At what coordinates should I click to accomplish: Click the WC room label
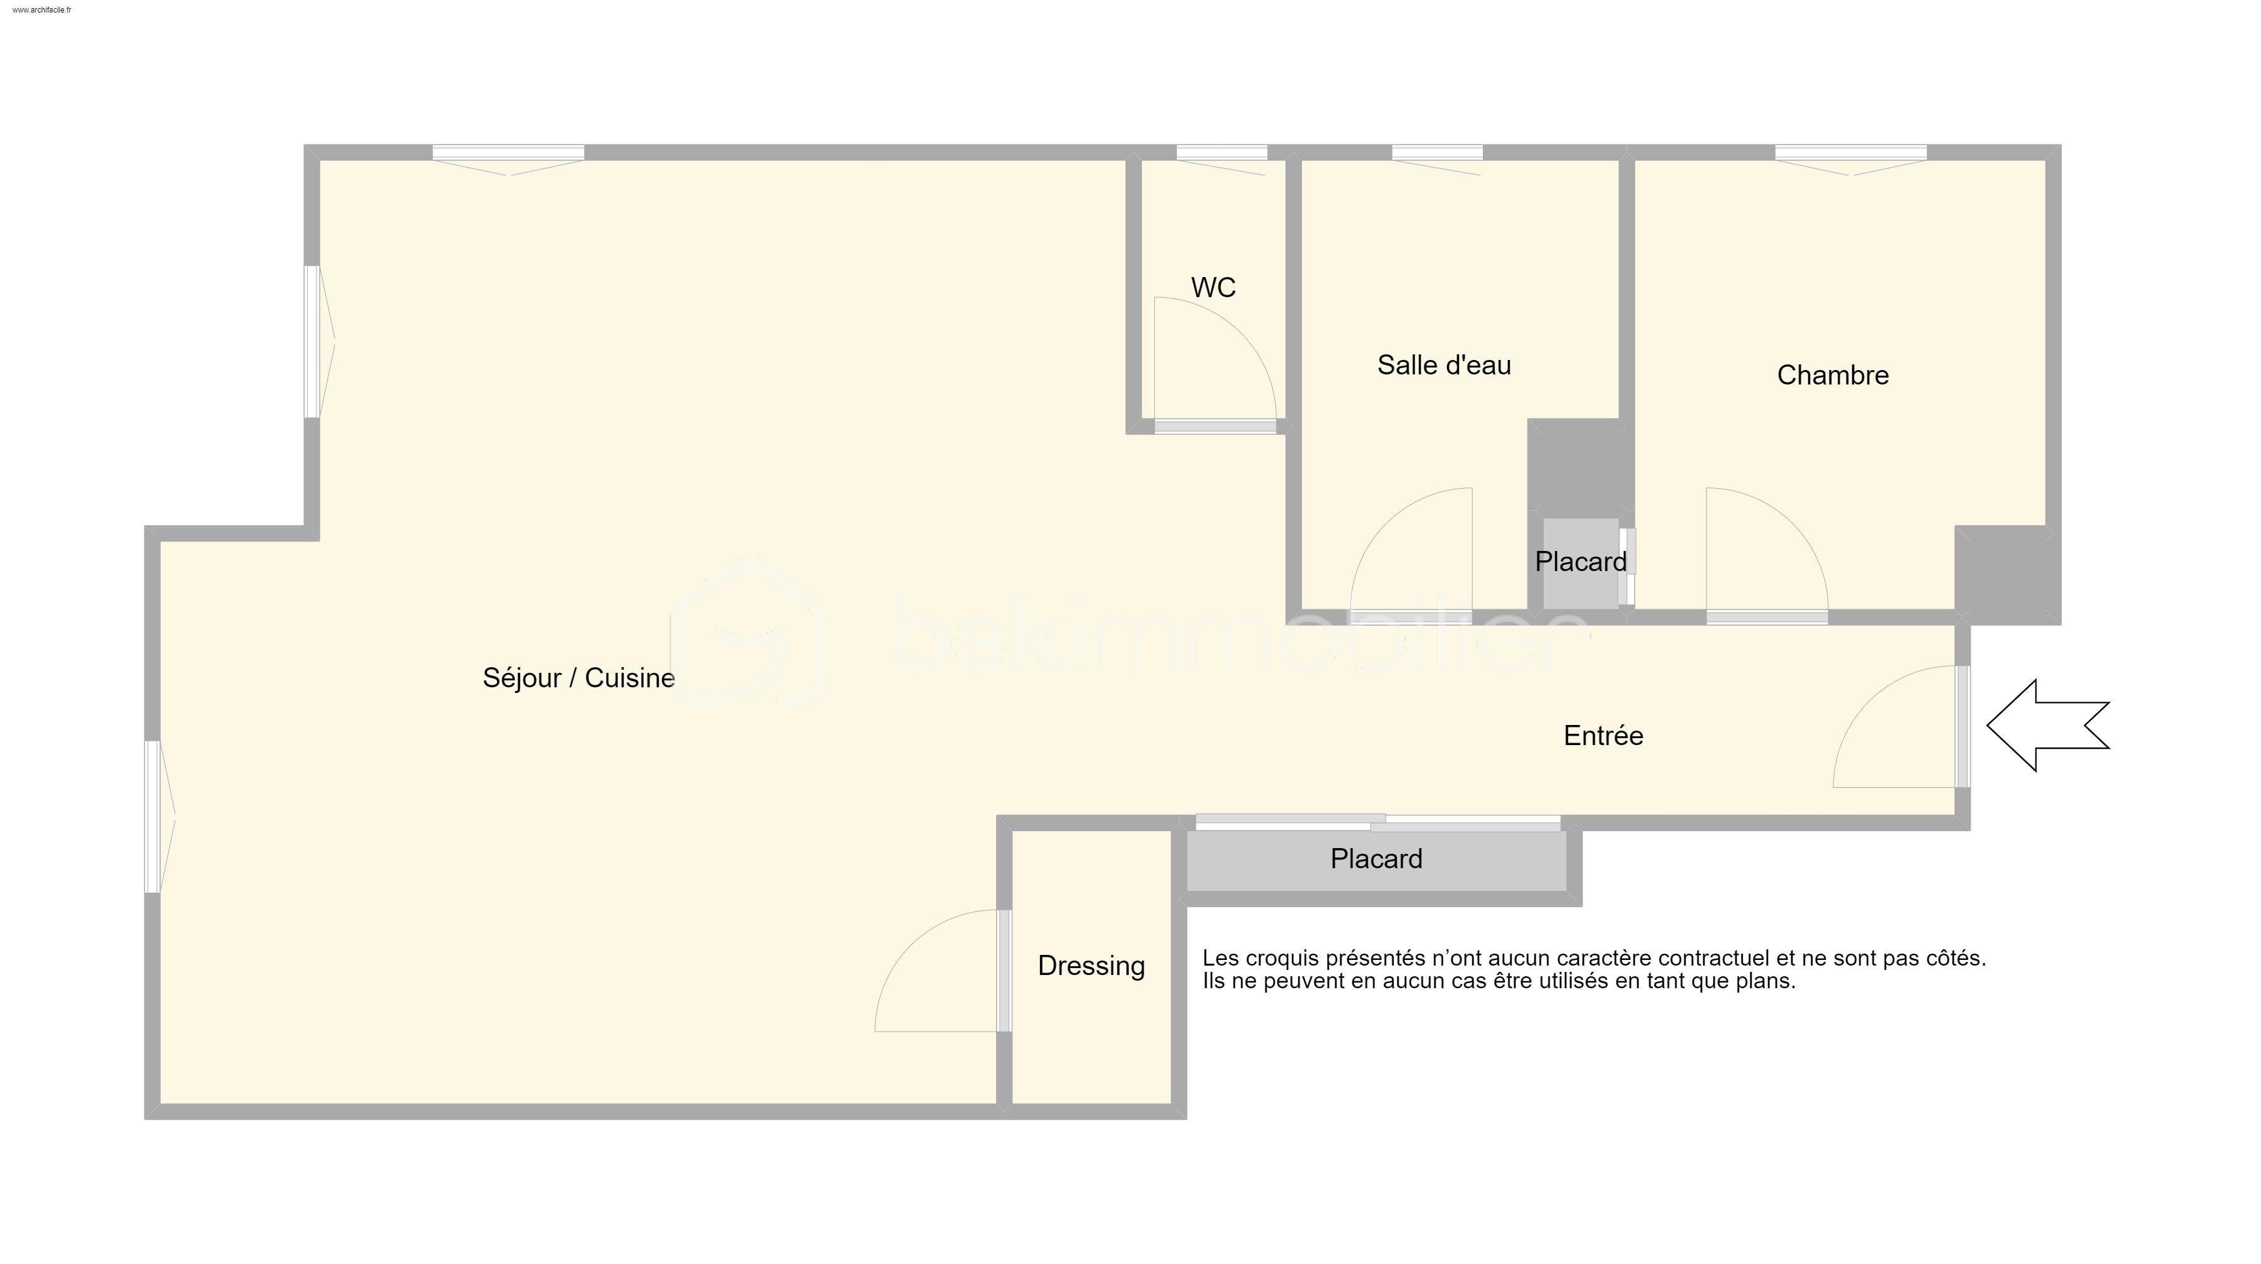click(1213, 288)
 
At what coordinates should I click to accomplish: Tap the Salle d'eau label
click(1444, 365)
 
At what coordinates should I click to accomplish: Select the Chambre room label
click(1833, 376)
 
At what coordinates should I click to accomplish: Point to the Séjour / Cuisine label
click(578, 678)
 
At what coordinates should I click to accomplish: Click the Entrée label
click(1603, 736)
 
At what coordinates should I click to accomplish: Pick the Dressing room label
click(1091, 966)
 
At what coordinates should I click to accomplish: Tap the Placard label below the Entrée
click(1375, 858)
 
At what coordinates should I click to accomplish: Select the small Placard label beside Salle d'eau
click(1580, 562)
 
